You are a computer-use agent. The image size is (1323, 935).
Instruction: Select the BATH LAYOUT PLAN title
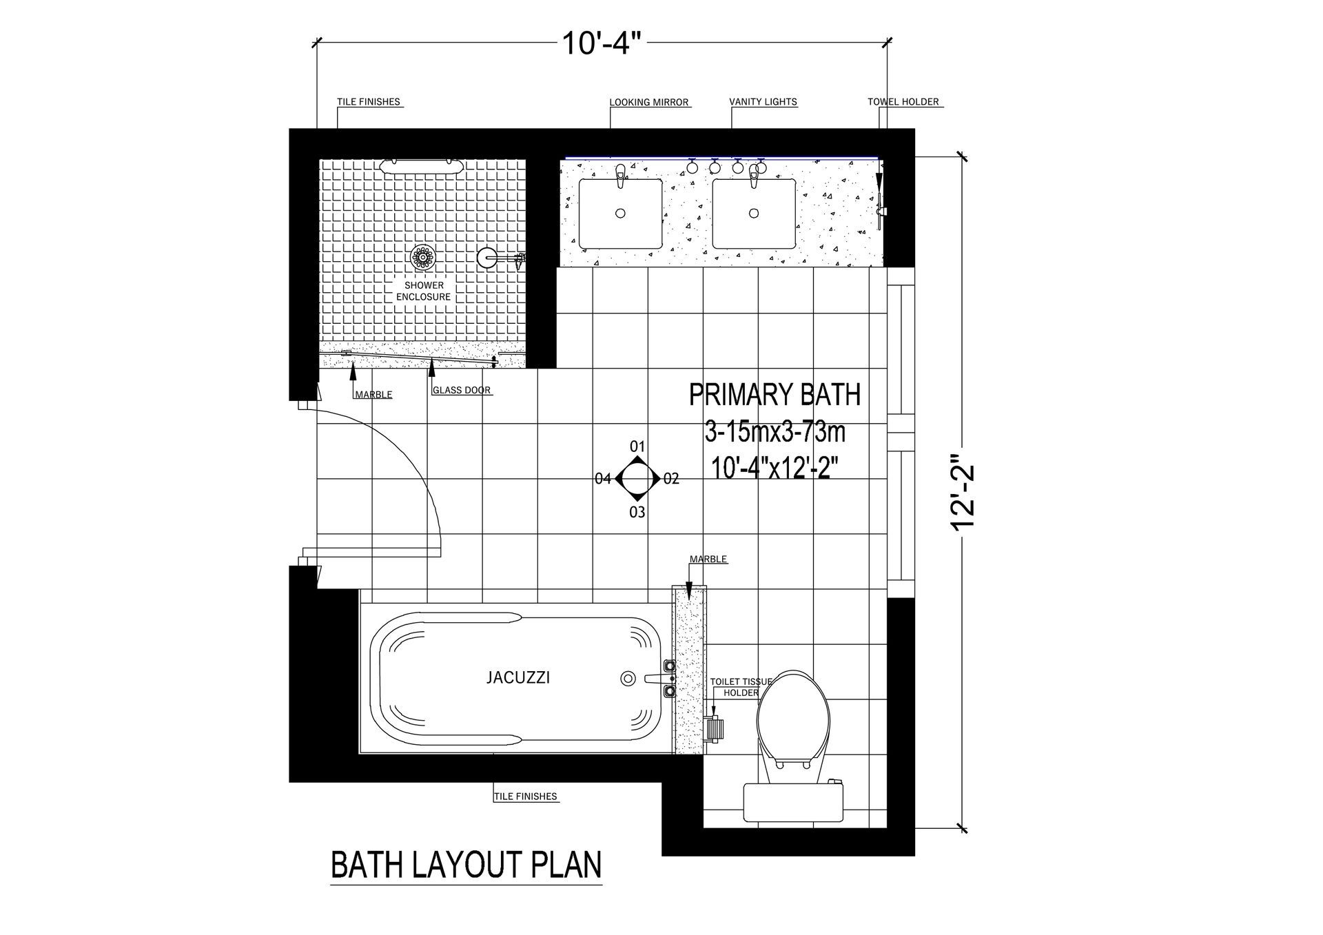(x=466, y=866)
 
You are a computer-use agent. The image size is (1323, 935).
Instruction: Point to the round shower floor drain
(x=422, y=258)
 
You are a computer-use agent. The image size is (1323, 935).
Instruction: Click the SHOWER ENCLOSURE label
(x=423, y=291)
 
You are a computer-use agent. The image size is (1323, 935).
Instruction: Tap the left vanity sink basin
(x=620, y=213)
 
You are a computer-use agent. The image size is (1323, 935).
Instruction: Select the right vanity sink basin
(x=754, y=213)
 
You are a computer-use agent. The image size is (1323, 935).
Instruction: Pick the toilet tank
(x=794, y=803)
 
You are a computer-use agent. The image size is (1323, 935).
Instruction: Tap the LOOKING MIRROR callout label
(x=649, y=103)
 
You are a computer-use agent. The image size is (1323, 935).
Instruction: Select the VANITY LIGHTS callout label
(x=763, y=102)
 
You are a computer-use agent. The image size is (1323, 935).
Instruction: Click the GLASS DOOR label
(x=462, y=390)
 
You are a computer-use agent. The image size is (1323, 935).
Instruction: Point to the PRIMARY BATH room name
(x=775, y=395)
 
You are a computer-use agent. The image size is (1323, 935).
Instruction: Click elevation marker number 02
(x=672, y=478)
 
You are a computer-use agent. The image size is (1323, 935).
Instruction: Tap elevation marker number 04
(x=603, y=478)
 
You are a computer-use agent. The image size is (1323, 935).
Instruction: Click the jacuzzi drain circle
(x=627, y=678)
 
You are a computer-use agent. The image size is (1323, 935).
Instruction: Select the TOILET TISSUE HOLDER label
(x=741, y=687)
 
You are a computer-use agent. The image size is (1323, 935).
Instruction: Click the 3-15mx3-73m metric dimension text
(x=775, y=433)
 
